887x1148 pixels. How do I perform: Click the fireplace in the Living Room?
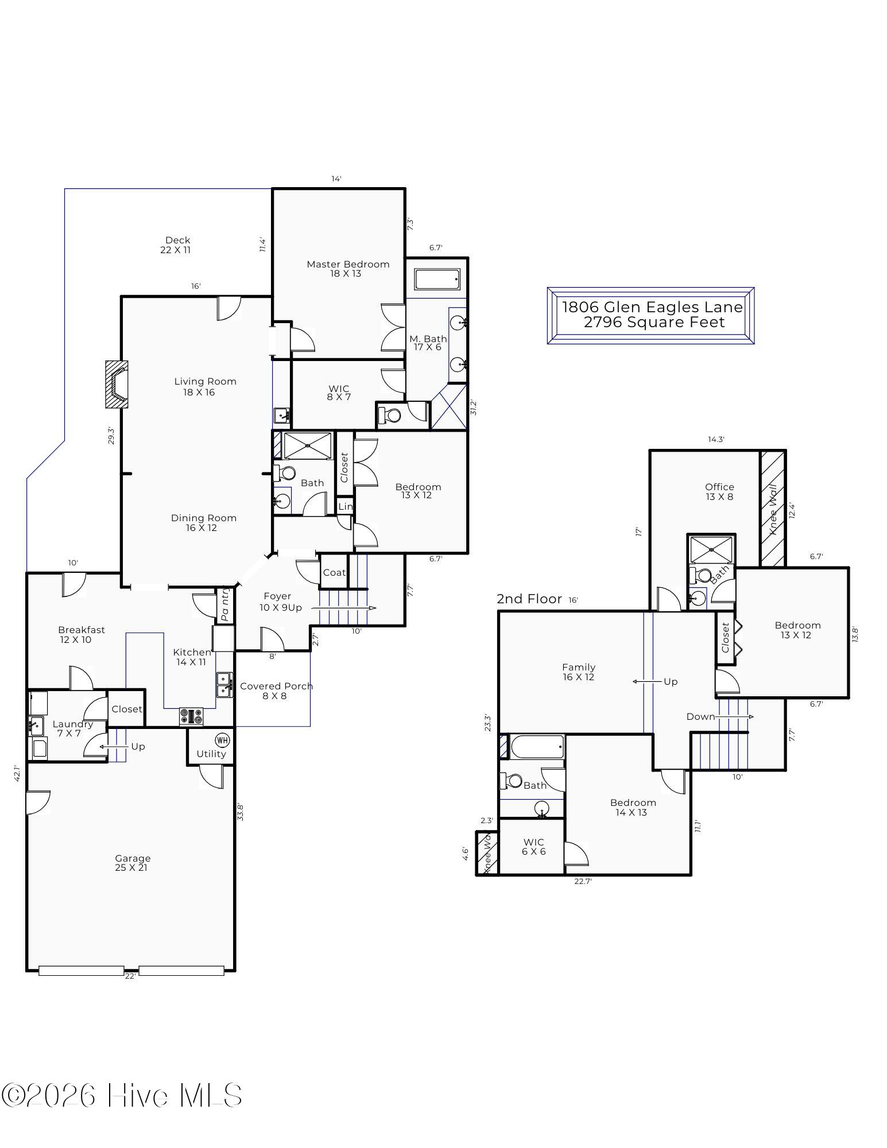pos(117,384)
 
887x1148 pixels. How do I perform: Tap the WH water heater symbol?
pos(222,739)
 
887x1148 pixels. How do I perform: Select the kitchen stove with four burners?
pos(191,716)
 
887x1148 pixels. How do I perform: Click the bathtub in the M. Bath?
pos(437,280)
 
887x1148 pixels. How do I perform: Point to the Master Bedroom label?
pos(348,264)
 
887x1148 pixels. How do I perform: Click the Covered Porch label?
pos(276,686)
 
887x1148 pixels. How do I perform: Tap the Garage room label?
pos(133,858)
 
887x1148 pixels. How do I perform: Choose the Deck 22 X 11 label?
pos(176,245)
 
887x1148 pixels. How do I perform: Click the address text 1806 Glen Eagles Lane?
pos(652,307)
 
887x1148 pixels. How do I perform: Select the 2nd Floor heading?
pos(529,599)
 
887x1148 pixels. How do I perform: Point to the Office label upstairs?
pos(719,487)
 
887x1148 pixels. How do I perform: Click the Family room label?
pos(579,667)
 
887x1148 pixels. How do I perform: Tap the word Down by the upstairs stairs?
pos(700,716)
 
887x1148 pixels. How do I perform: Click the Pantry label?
pos(225,604)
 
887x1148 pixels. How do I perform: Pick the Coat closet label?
pos(334,572)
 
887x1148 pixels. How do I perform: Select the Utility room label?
pos(211,754)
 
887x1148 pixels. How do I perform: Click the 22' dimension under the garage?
pos(130,976)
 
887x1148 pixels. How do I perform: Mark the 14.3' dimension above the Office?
pos(716,440)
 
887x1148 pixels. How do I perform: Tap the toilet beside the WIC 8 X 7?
pos(392,414)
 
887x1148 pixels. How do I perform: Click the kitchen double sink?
pos(224,685)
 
